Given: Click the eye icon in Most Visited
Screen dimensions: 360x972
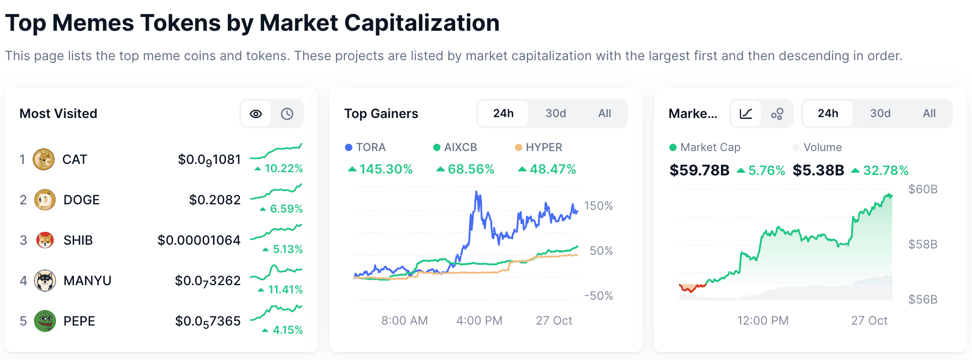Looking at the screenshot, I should coord(256,114).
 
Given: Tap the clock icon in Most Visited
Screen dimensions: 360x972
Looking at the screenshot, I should coord(287,114).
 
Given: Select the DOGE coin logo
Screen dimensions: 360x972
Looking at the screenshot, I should coord(45,200).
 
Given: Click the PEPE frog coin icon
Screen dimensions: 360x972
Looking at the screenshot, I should coord(45,321).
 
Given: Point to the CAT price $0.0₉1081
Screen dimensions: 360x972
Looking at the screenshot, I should coord(209,160).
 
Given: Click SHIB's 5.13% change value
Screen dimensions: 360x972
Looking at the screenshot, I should coord(287,249).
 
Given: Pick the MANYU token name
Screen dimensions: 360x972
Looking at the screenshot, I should coord(87,281).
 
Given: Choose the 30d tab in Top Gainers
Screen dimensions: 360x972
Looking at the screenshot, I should coord(555,113).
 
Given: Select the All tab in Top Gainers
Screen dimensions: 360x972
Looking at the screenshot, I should coord(605,113).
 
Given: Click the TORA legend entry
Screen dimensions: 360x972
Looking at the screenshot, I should coord(366,147).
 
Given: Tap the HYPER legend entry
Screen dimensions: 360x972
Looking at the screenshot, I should coord(539,147).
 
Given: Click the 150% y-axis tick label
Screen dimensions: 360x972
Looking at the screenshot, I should coord(599,206).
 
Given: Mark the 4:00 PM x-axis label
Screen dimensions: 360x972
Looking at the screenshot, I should coord(479,321).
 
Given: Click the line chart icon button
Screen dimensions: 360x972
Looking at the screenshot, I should coord(746,114).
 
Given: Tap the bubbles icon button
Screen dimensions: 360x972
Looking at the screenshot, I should coord(777,114).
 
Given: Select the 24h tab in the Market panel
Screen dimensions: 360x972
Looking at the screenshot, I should coord(828,113).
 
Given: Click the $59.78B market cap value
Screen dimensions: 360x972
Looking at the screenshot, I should coord(699,170).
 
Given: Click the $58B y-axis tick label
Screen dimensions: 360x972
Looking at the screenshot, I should coord(922,244).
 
